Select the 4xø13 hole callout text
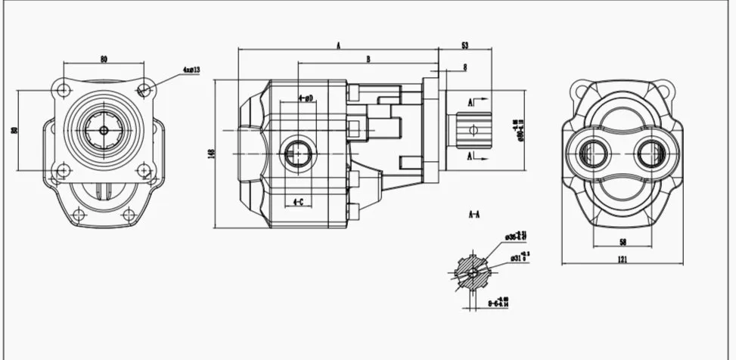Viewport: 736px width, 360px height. [191, 70]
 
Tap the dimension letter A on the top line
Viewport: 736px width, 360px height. [339, 46]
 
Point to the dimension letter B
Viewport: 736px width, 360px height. [368, 58]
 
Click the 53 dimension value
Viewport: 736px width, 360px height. [464, 46]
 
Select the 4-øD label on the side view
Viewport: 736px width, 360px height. [306, 98]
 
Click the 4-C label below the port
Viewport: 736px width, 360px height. [299, 202]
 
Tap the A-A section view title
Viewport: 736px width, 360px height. [474, 215]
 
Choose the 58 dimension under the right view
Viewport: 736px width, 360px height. [622, 241]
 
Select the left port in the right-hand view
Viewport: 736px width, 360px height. [593, 155]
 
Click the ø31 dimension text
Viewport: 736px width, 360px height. [516, 258]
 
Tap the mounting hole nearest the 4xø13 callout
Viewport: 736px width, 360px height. [144, 90]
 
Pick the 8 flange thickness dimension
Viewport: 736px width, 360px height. [464, 68]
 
